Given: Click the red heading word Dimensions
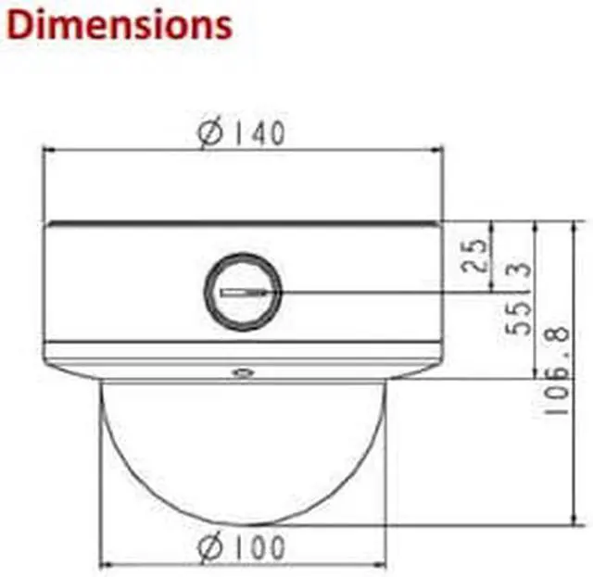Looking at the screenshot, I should (x=119, y=25).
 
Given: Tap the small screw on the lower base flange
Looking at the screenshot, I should (x=243, y=372).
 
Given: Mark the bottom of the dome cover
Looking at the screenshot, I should (x=243, y=523).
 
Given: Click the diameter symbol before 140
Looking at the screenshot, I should (x=211, y=134).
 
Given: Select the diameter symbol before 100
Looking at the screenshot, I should (x=211, y=547).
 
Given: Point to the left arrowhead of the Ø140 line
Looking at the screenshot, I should (x=48, y=148).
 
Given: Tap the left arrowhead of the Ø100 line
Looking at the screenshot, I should (x=104, y=563).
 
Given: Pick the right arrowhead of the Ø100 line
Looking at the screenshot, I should (x=380, y=563).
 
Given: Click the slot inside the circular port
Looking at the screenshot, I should (x=244, y=293).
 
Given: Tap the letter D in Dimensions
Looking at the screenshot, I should (x=20, y=25).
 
